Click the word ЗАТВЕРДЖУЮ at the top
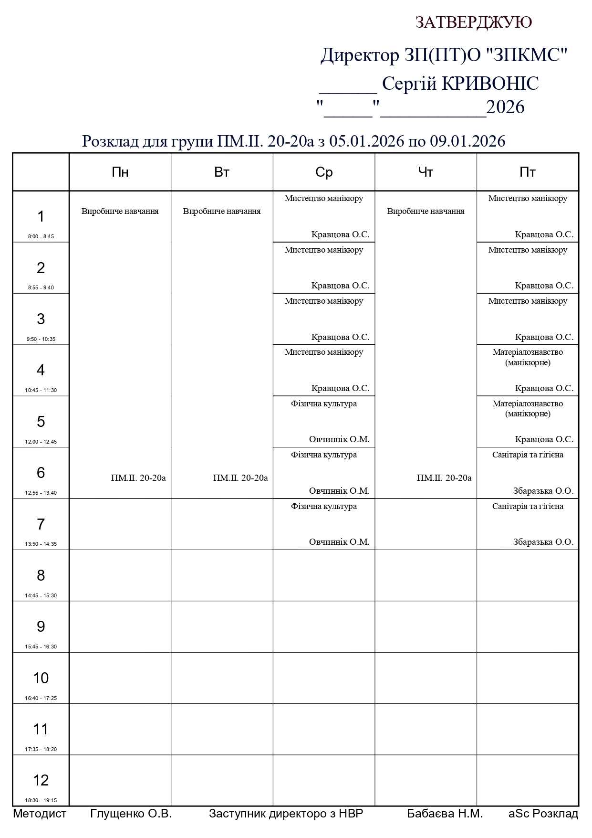473,22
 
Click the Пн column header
120,172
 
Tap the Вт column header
222,172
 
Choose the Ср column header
324,172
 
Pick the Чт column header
426,172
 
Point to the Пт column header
528,172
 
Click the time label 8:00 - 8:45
41,236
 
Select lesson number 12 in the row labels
41,780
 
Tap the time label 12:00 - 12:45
41,442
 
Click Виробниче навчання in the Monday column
120,211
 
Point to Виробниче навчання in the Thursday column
426,211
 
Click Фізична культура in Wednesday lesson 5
324,404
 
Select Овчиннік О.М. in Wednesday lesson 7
339,542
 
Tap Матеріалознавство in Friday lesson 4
528,352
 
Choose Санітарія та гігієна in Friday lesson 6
528,455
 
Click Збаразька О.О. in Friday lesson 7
543,542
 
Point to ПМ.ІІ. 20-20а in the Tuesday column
240,478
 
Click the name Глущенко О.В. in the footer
131,814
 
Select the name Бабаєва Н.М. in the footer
445,814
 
